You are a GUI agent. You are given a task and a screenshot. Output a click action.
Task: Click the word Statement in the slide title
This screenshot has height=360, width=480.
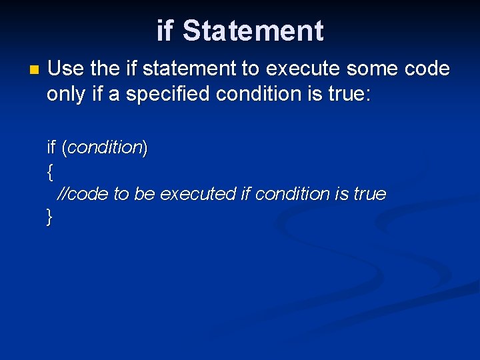(253, 31)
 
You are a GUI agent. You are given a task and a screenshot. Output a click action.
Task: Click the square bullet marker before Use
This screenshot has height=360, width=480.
(35, 69)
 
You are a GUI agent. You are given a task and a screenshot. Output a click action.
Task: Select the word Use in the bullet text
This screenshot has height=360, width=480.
(65, 69)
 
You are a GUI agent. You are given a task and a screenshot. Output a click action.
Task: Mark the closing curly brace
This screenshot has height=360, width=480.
(50, 217)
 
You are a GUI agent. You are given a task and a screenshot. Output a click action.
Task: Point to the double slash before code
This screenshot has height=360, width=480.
(63, 194)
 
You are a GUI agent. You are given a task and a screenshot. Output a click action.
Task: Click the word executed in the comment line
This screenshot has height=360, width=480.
(198, 194)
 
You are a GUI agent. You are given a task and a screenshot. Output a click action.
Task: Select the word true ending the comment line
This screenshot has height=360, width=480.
(369, 194)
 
